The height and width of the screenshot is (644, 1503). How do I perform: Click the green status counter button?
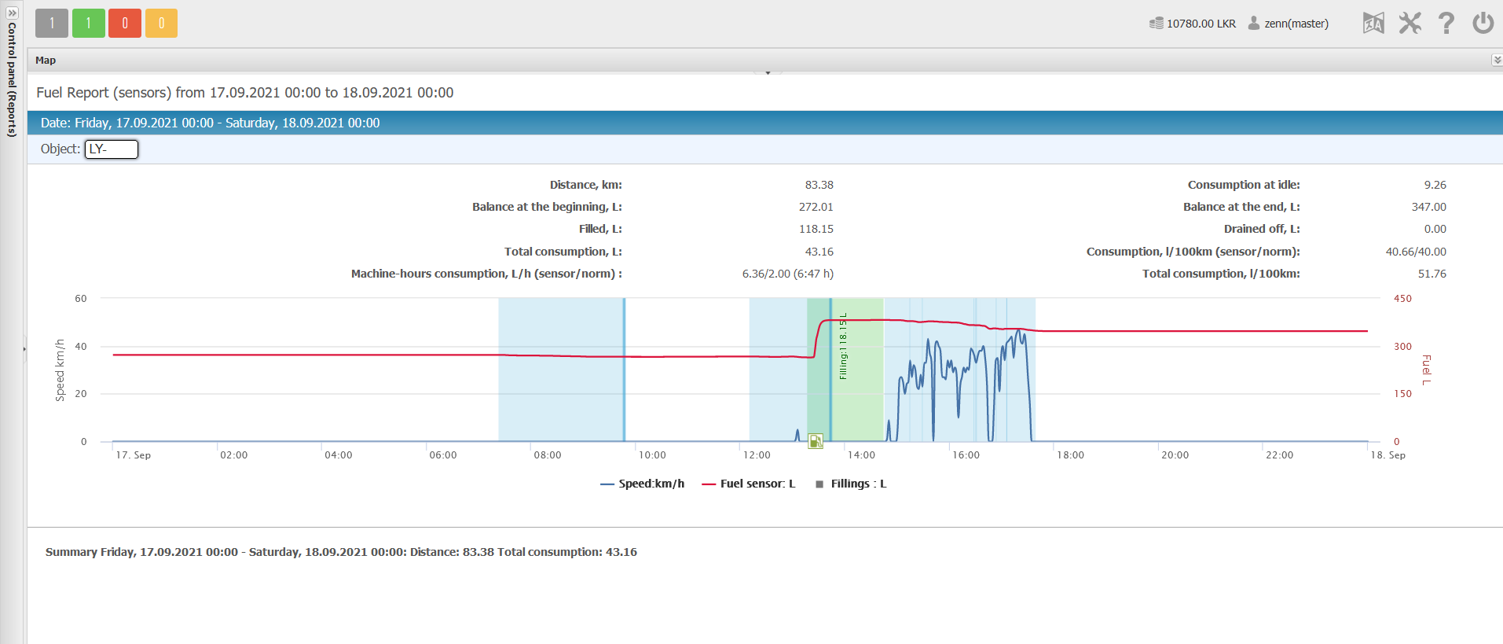89,23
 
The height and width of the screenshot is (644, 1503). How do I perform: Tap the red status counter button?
125,23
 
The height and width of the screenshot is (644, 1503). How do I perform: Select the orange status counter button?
161,23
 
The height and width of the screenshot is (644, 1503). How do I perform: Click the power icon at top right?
1483,23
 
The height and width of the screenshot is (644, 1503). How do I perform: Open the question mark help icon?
1446,23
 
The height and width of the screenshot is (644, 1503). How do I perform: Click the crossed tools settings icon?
1410,23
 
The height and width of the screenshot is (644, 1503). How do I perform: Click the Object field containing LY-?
112,149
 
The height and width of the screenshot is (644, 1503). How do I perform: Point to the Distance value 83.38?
819,185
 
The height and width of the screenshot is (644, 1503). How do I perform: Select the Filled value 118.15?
816,229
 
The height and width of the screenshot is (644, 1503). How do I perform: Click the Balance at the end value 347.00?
1428,207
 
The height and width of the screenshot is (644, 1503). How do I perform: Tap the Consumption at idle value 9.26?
1435,185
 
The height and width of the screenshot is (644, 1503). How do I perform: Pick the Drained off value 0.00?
1435,229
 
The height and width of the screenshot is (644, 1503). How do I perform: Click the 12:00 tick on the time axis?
757,455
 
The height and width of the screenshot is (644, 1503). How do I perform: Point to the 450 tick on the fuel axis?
1402,299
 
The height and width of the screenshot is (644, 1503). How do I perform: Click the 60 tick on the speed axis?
81,299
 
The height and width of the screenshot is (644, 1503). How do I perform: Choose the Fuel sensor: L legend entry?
749,484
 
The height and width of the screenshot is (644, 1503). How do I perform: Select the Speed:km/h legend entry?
642,484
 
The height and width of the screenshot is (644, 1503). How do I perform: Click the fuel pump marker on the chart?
816,441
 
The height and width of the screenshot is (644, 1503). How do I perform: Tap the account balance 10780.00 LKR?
1193,24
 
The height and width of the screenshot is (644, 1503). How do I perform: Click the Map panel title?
46,61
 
